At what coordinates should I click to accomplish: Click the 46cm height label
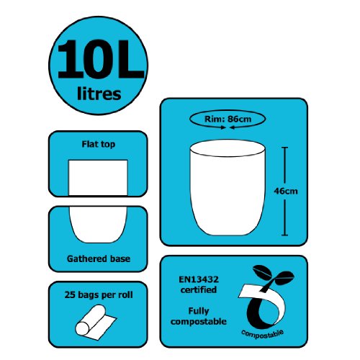(287, 191)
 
